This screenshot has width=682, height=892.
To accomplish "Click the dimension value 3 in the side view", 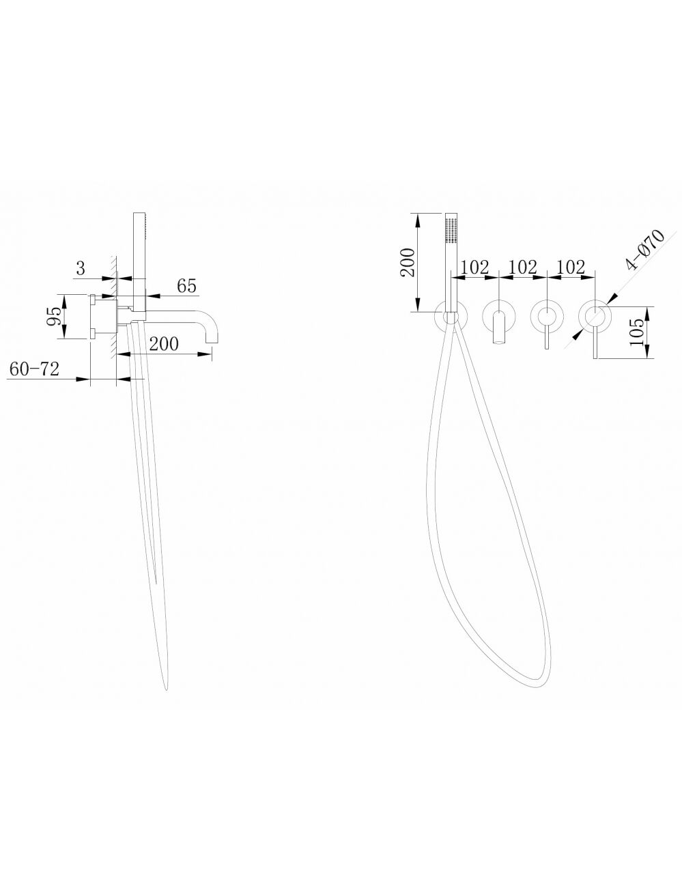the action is click(x=81, y=268).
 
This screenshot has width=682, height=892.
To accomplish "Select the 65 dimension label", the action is click(x=186, y=286).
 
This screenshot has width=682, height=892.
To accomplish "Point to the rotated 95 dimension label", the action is click(x=55, y=316).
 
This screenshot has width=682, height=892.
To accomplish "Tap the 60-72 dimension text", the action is click(x=35, y=369).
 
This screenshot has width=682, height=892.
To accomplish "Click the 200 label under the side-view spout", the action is click(x=164, y=344).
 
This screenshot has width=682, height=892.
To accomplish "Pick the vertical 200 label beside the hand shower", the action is click(x=408, y=263).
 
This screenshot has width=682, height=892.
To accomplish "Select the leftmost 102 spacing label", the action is click(x=474, y=268).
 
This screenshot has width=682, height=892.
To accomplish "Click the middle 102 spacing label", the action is click(x=523, y=268).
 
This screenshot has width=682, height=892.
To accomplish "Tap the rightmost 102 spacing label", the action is click(x=571, y=268).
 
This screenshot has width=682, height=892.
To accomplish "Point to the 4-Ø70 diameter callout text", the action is click(x=645, y=250).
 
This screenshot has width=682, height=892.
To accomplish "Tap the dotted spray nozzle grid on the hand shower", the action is click(x=451, y=231).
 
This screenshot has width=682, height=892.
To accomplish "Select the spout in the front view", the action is click(x=498, y=328).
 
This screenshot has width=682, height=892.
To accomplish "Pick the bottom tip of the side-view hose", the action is click(x=166, y=689).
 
